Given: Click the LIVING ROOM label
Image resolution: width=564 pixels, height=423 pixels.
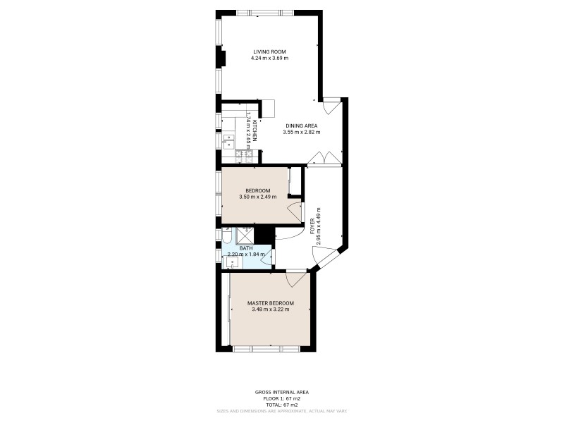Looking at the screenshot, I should point(269,51).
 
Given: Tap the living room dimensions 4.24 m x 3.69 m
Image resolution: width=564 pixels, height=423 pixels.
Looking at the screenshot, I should point(269,58).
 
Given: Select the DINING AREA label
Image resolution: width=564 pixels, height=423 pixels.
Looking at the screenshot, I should point(301,125).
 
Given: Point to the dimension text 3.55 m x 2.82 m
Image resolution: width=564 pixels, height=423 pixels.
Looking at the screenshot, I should point(301,132).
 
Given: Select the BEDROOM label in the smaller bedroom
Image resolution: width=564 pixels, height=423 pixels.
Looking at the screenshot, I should point(257,190).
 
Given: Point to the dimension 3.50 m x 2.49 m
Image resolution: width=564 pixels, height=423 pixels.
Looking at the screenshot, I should point(257,197).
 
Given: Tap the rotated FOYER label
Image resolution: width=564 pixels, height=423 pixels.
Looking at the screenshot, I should point(312,226).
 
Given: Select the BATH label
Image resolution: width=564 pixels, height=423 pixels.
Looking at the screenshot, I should point(246,248).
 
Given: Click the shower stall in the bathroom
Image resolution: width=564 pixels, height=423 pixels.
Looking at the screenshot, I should point(245,235).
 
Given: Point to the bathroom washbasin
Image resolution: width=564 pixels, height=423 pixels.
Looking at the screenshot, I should point(231,262).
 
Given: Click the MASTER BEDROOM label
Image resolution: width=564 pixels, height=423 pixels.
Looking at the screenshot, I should point(270,303).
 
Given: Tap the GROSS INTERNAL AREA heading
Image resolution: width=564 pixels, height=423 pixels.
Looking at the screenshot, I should point(281,392).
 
